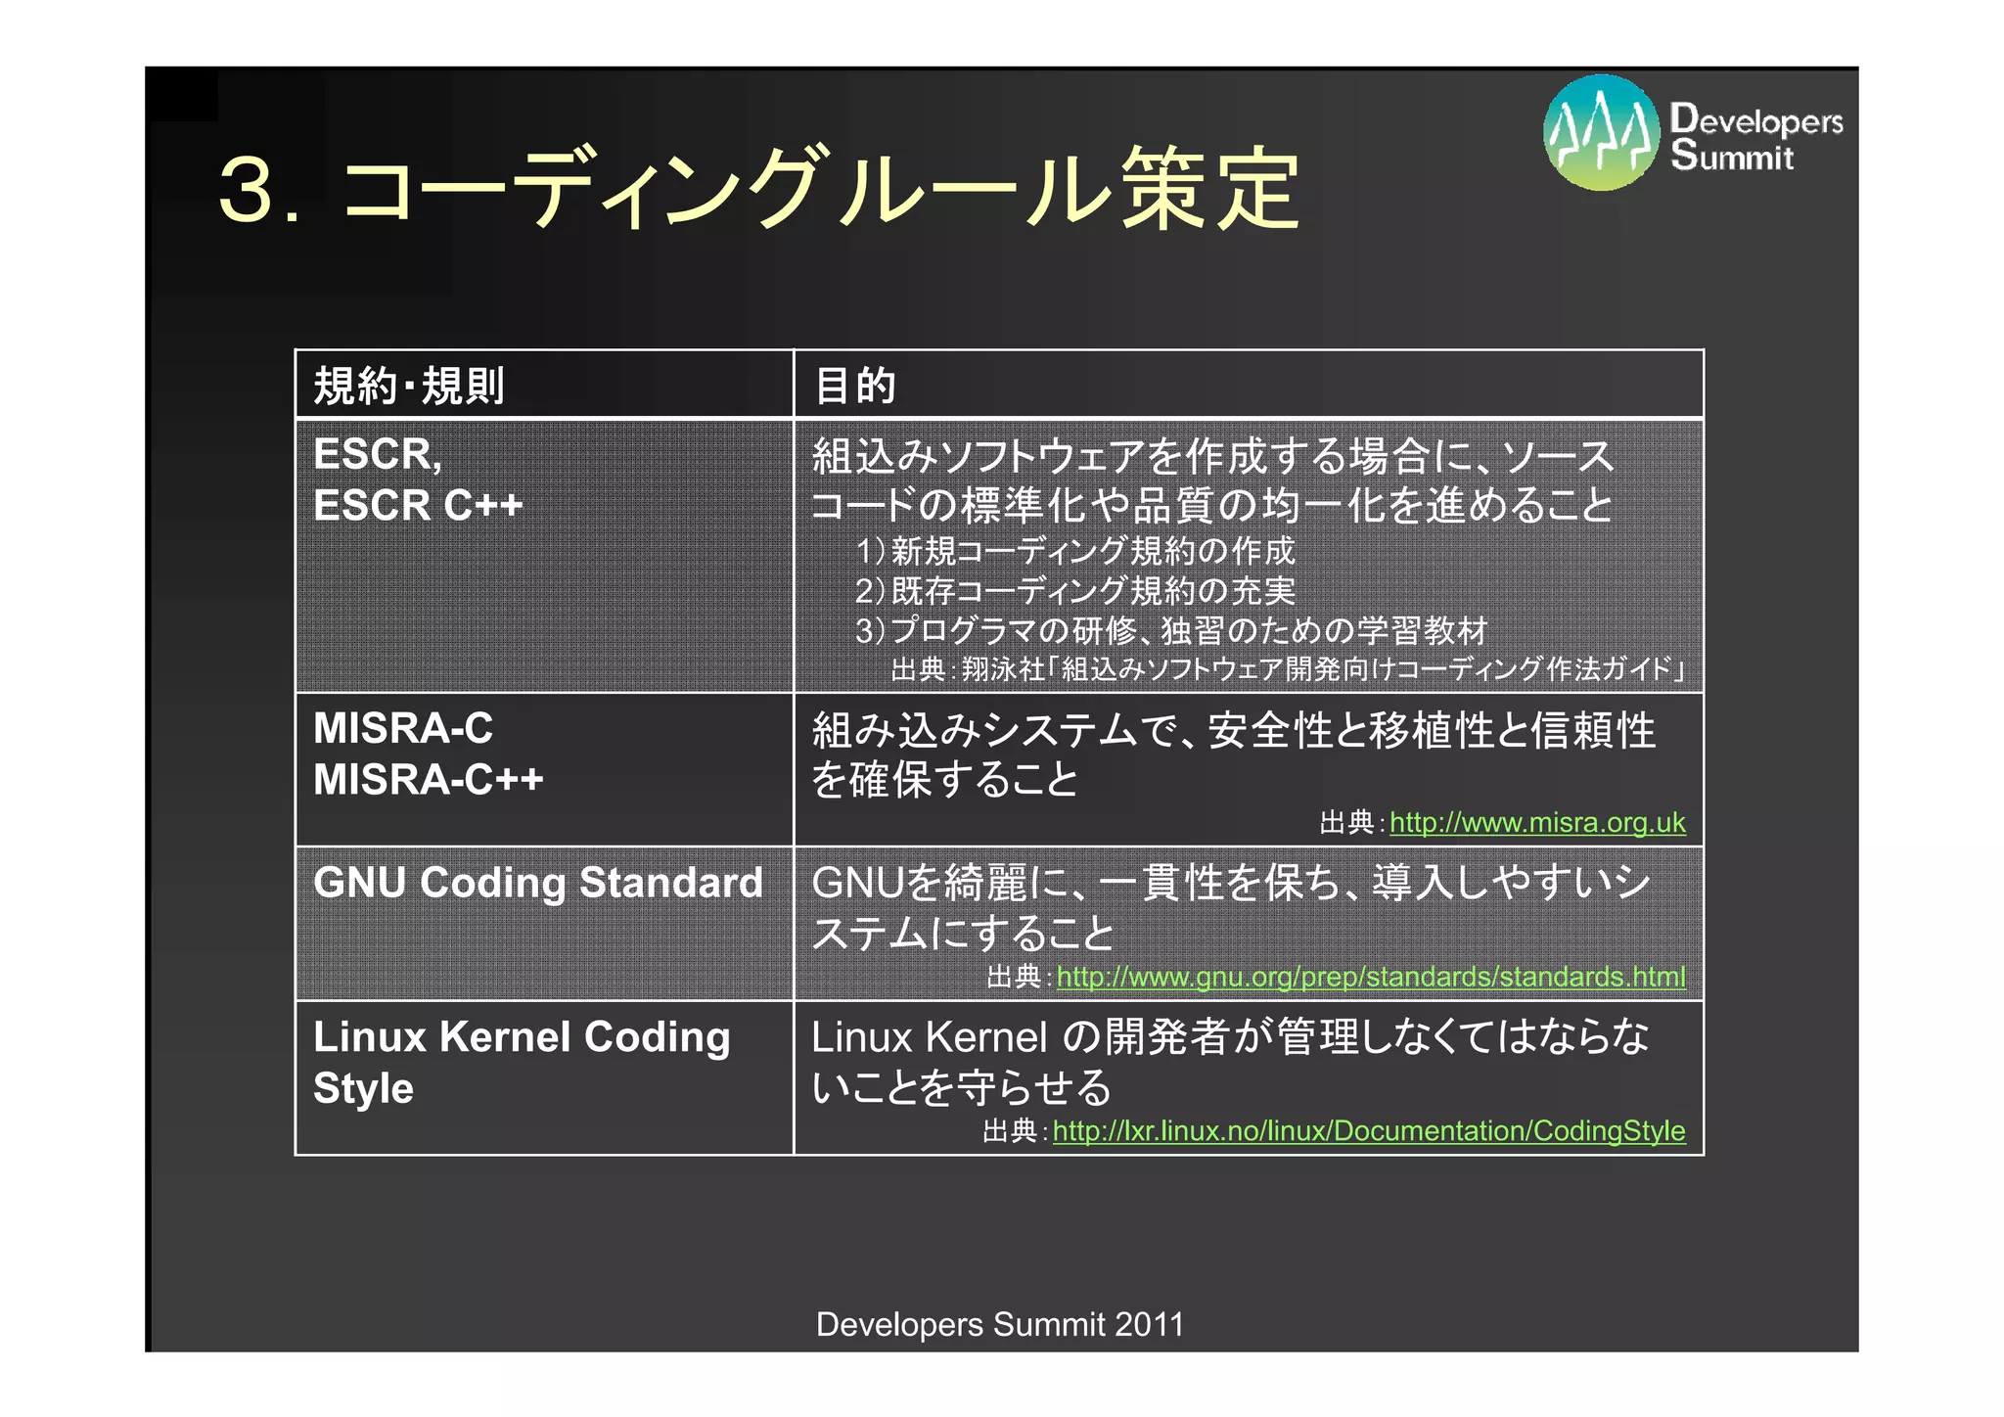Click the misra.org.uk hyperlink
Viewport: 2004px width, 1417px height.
(1536, 823)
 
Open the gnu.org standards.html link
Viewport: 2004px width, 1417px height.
(1370, 977)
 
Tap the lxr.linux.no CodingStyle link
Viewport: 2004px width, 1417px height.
(1368, 1131)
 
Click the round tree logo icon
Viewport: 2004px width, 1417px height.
(1601, 133)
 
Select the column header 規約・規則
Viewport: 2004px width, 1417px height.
(409, 386)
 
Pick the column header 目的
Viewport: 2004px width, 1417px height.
(854, 386)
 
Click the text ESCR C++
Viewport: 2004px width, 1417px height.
(418, 506)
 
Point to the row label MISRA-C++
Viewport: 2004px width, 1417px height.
(428, 780)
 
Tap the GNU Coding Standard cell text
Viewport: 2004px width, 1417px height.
(537, 883)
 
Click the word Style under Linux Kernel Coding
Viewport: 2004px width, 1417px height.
(363, 1088)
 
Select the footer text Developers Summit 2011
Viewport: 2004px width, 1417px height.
(999, 1324)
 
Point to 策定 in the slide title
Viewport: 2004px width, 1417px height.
(1209, 189)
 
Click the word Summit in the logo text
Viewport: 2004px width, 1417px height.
(1732, 157)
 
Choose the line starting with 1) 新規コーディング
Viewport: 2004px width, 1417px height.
(1074, 552)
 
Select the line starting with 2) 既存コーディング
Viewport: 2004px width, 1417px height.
(1074, 591)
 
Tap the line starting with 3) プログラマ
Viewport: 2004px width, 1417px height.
(1170, 631)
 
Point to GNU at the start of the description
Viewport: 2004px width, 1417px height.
(857, 883)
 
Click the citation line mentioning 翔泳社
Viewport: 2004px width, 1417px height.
(1288, 669)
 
